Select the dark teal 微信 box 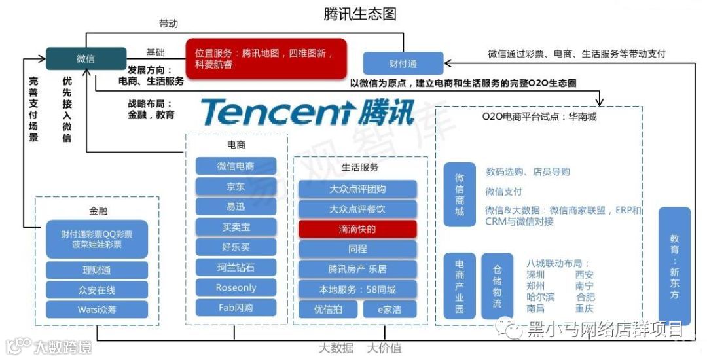86,59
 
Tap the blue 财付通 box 403,63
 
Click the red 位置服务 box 265,58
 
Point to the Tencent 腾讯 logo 308,112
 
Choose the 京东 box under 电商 236,187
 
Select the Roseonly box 236,287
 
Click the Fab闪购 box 236,308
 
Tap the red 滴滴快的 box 357,229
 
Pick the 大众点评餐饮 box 357,209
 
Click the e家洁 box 390,310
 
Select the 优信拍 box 327,310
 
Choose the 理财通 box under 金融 97,270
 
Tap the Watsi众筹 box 97,310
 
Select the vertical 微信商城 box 460,194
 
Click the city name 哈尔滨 540,297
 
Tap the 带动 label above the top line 168,24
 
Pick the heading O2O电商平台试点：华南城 539,117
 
